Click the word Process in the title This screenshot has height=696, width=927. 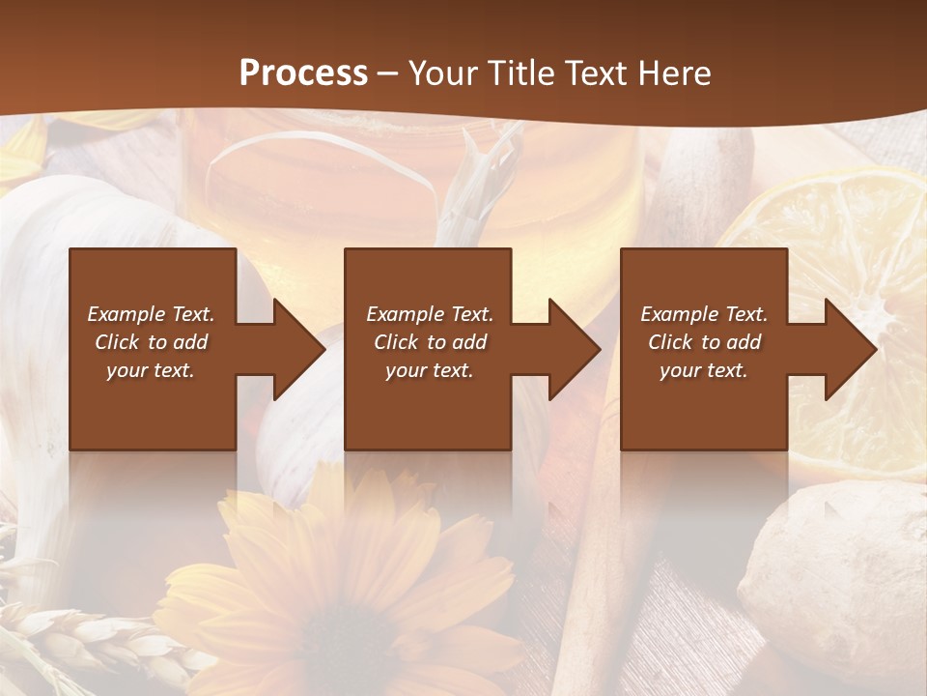303,73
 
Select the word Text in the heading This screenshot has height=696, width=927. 596,73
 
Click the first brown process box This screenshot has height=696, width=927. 153,406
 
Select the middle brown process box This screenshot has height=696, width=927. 428,406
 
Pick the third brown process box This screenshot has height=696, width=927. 703,406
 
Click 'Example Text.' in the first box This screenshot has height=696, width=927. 152,314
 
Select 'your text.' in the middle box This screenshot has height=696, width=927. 430,370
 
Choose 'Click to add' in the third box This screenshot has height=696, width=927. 704,342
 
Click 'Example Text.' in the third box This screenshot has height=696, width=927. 704,314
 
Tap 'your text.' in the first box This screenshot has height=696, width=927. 151,370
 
